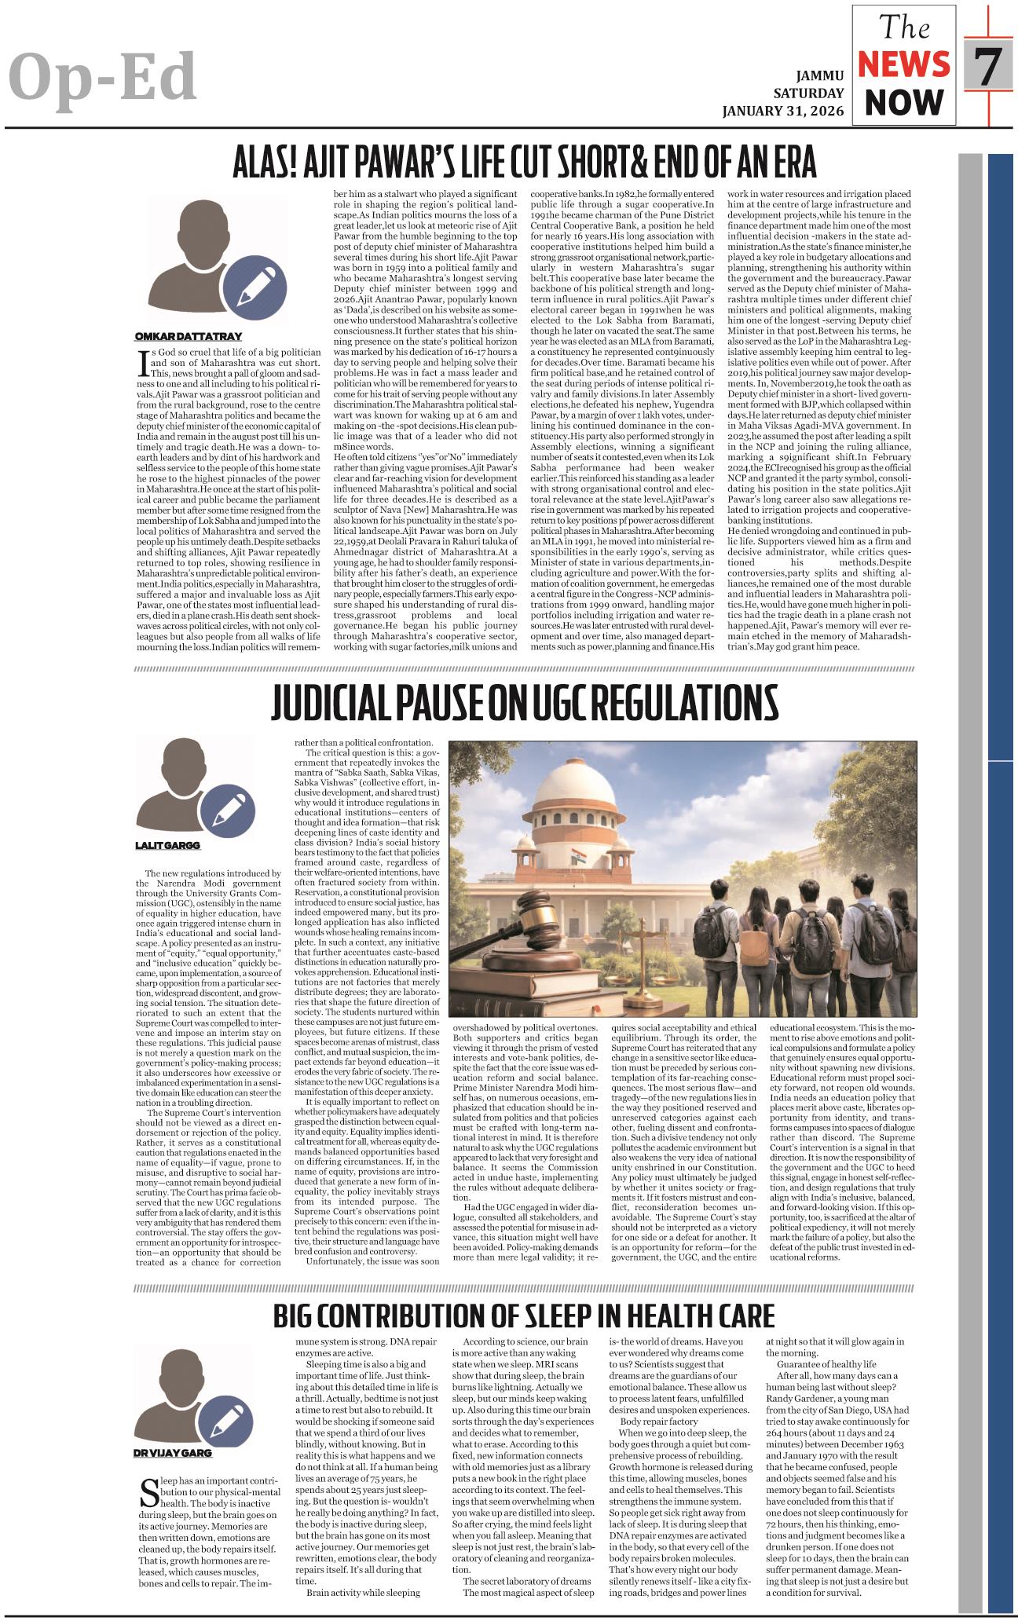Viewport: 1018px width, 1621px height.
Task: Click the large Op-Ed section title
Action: tap(102, 76)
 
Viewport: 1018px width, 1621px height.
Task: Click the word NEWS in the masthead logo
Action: tap(903, 66)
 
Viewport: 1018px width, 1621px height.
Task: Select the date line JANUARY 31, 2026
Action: tap(783, 111)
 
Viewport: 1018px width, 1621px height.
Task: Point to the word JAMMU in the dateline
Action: tap(820, 76)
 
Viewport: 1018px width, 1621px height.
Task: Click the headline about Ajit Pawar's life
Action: tap(524, 163)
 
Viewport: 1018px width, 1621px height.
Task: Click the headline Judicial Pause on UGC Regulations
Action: tap(524, 702)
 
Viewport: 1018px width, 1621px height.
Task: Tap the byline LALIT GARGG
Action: tap(168, 845)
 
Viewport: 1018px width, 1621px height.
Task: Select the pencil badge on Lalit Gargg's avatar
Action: tap(227, 807)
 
